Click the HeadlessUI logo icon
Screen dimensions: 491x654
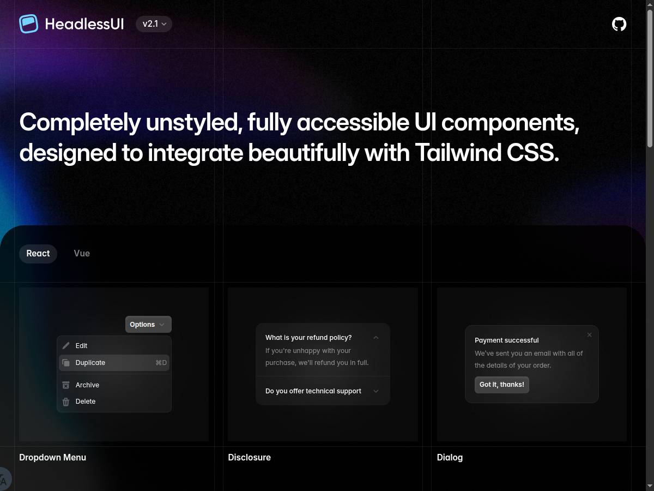pos(29,24)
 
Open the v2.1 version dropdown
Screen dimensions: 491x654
pos(154,24)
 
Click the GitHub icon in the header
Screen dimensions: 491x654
pos(619,24)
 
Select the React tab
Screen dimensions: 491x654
pos(38,254)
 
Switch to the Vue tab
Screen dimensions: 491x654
pos(82,254)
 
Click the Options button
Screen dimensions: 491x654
pos(148,325)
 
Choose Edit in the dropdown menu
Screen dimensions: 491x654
pos(82,346)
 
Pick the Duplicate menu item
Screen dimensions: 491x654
pos(90,363)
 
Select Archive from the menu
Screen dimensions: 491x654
pos(87,385)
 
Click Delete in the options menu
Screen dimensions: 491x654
pos(86,402)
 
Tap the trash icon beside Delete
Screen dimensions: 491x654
pos(66,402)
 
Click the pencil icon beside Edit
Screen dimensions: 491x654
pos(66,346)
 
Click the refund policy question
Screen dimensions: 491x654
pos(308,338)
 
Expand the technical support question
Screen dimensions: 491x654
pos(313,391)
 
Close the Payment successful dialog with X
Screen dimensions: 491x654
pos(589,335)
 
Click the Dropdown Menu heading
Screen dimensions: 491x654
pos(52,458)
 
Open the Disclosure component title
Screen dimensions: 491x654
pos(249,458)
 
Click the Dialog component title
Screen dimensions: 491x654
pos(450,458)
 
